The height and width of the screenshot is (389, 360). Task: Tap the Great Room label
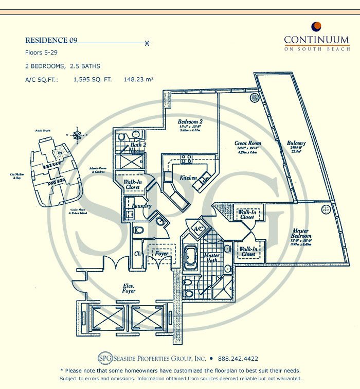click(248, 144)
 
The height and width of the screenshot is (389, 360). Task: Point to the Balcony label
click(296, 144)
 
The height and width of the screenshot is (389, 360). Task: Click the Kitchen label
click(188, 178)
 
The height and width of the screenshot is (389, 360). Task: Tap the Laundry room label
click(141, 206)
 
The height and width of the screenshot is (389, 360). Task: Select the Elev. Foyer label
click(129, 288)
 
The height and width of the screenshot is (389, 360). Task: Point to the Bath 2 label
click(136, 146)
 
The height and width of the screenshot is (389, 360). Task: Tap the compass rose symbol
click(77, 135)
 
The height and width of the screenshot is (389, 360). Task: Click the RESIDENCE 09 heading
click(51, 40)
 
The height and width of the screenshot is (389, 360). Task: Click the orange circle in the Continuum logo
click(317, 26)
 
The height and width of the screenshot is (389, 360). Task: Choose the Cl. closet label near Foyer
click(138, 253)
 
